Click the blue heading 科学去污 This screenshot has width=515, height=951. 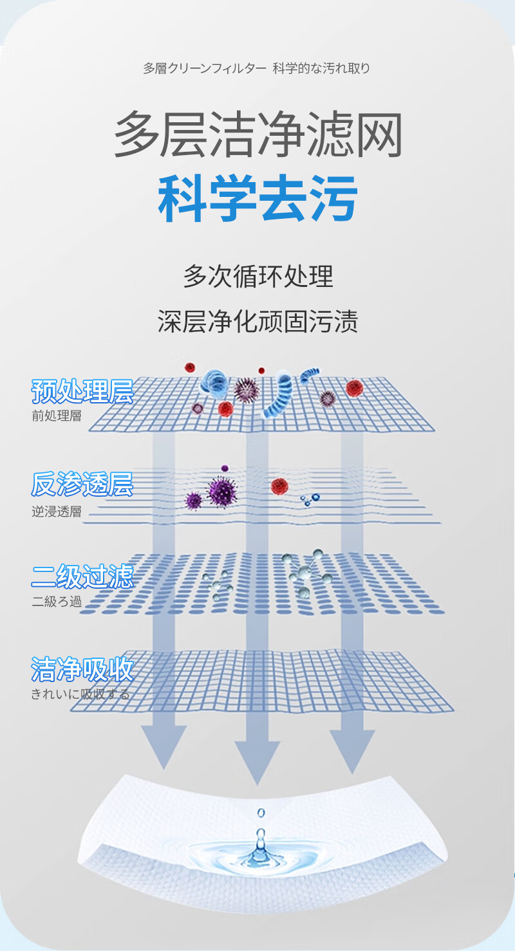pyautogui.click(x=257, y=199)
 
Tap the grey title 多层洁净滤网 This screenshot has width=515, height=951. pyautogui.click(x=257, y=135)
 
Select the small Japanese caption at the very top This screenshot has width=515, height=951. pyautogui.click(x=257, y=68)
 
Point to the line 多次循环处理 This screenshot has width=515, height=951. pyautogui.click(x=257, y=276)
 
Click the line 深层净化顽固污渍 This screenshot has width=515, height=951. pyautogui.click(x=257, y=321)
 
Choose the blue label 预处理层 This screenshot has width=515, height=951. pyautogui.click(x=82, y=391)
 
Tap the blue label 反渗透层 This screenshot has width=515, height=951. pyautogui.click(x=82, y=485)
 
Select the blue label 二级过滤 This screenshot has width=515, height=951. pyautogui.click(x=82, y=576)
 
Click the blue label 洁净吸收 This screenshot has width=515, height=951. pyautogui.click(x=82, y=669)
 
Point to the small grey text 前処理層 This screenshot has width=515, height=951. pyautogui.click(x=57, y=416)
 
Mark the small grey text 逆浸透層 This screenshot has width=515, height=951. pyautogui.click(x=57, y=512)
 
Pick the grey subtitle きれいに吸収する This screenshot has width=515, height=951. pyautogui.click(x=80, y=694)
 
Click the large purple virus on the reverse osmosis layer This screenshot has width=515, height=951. pyautogui.click(x=221, y=491)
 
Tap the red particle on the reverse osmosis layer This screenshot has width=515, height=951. pyautogui.click(x=279, y=486)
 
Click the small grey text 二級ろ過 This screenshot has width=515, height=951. pyautogui.click(x=57, y=602)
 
